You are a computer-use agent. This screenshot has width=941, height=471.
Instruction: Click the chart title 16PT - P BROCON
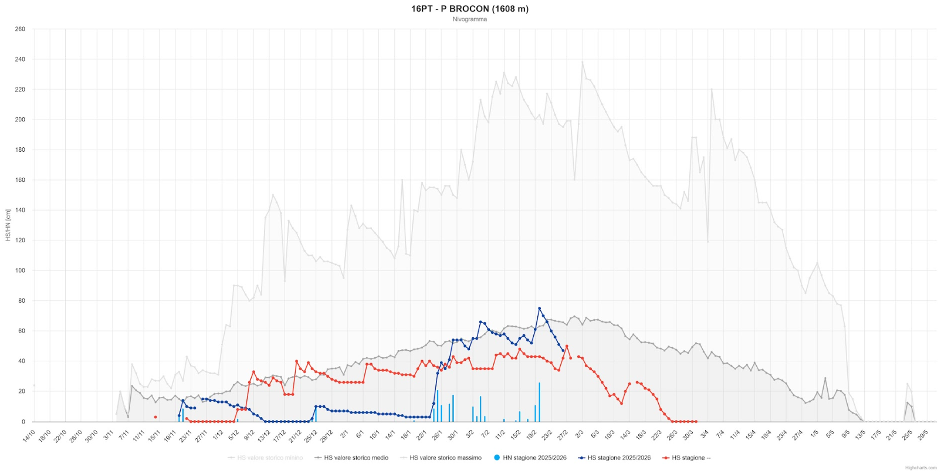[x=469, y=9]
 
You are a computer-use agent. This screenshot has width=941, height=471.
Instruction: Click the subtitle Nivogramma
[x=469, y=19]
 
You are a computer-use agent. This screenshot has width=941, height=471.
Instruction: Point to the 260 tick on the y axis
[x=20, y=29]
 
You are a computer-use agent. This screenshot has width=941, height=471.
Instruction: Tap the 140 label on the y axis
[x=20, y=210]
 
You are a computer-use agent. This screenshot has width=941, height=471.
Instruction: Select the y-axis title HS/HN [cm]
[x=8, y=225]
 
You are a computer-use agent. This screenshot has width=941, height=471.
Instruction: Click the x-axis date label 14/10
[x=29, y=436]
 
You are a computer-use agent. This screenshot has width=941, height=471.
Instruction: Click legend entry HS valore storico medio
[x=356, y=458]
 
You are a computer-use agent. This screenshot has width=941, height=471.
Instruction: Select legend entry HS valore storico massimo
[x=445, y=458]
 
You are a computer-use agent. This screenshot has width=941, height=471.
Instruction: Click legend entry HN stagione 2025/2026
[x=534, y=458]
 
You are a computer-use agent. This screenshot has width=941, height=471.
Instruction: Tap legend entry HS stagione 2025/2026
[x=618, y=458]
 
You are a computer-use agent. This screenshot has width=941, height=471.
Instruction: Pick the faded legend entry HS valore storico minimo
[x=270, y=458]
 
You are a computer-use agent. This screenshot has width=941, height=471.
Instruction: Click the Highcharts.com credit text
[x=920, y=467]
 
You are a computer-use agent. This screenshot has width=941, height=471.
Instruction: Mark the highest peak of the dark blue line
[x=540, y=309]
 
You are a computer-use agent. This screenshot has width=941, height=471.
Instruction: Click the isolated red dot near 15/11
[x=155, y=417]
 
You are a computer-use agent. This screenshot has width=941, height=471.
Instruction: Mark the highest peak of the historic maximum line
[x=583, y=62]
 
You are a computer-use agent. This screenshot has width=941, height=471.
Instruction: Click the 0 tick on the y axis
[x=23, y=422]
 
